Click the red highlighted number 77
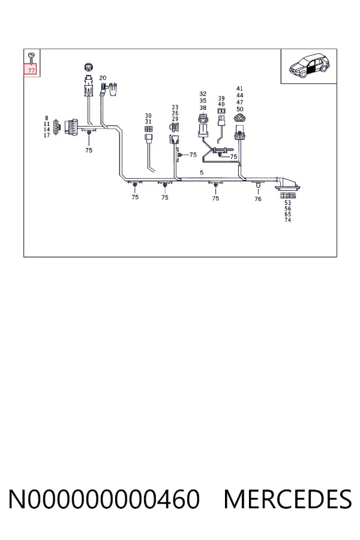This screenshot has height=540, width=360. (31, 70)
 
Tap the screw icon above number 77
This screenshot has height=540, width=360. (31, 57)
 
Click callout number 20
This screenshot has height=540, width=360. (103, 78)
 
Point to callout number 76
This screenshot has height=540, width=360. (257, 199)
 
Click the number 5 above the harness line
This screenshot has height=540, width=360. (202, 173)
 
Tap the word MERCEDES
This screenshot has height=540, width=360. (287, 499)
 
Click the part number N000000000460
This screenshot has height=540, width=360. (104, 499)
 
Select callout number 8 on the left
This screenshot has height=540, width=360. (47, 118)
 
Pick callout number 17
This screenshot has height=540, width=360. (47, 136)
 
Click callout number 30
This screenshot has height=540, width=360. (148, 116)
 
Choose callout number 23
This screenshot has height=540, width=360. (175, 107)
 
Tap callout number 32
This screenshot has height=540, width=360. (203, 94)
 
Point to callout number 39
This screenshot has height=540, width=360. (221, 98)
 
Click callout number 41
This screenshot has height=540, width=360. (240, 89)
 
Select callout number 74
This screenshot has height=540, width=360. (287, 220)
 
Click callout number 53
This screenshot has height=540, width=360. (287, 203)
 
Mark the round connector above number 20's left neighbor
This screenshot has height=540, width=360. (89, 67)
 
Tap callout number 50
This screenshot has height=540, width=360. (240, 109)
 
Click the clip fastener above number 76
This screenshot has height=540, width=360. (257, 187)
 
